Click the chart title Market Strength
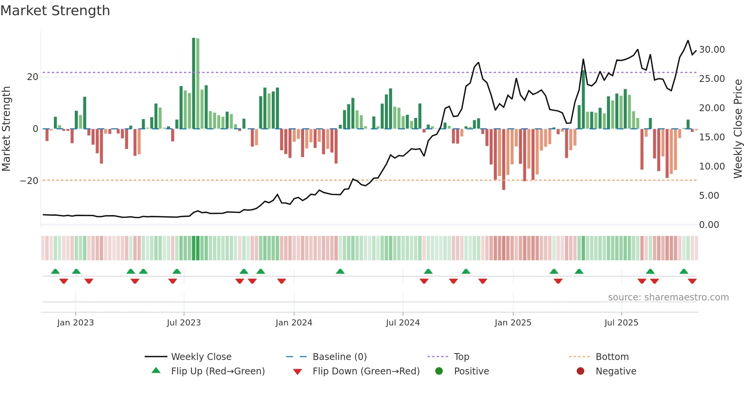pyautogui.click(x=55, y=11)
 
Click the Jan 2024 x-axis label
pyautogui.click(x=294, y=323)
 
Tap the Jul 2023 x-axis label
pyautogui.click(x=184, y=323)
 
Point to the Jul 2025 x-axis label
pyautogui.click(x=621, y=323)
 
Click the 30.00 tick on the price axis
pyautogui.click(x=712, y=50)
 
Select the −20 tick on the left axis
pyautogui.click(x=29, y=181)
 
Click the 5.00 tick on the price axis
pyautogui.click(x=709, y=196)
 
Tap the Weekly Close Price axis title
pyautogui.click(x=738, y=129)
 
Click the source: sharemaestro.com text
pyautogui.click(x=668, y=297)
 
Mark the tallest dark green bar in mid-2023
pyautogui.click(x=194, y=83)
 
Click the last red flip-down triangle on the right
pyautogui.click(x=692, y=281)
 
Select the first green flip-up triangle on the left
pyautogui.click(x=55, y=271)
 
